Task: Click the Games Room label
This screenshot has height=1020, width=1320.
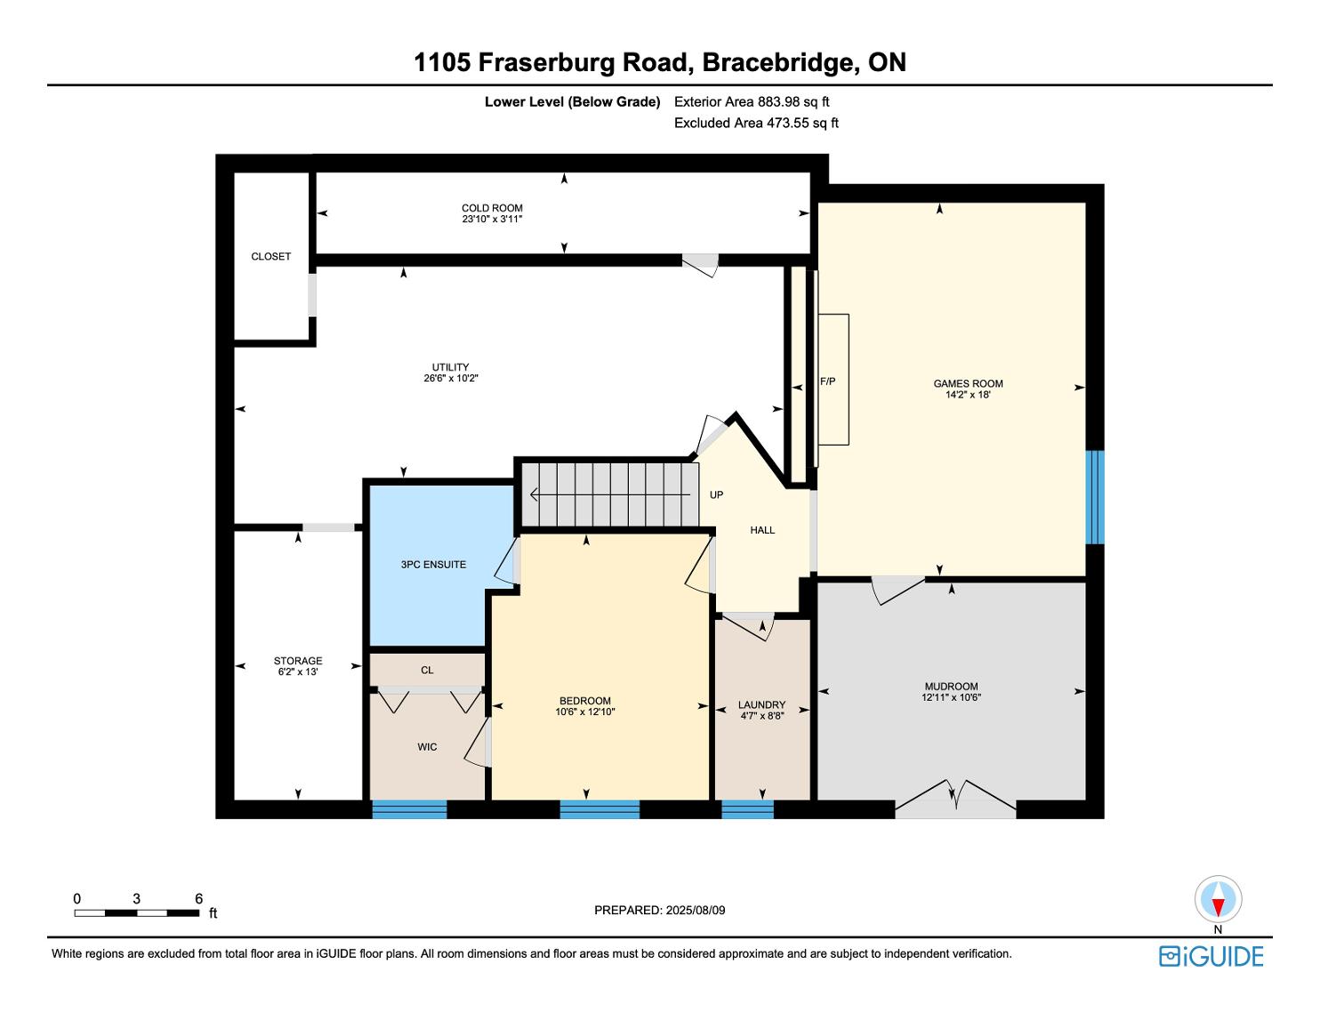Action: (968, 383)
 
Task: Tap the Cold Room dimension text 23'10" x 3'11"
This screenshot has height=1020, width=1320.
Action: (492, 219)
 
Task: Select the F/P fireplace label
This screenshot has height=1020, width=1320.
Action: (827, 381)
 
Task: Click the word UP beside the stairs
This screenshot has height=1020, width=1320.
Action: (716, 494)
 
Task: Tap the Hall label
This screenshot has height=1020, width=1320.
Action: (762, 530)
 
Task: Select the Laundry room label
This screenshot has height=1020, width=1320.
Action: (762, 705)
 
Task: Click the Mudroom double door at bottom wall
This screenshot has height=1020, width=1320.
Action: (954, 799)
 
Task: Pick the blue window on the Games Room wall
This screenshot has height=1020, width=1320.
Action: (1095, 497)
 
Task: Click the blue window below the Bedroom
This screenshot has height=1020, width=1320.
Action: (600, 809)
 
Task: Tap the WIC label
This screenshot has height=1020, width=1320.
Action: (427, 747)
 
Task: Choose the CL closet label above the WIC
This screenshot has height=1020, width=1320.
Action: (427, 670)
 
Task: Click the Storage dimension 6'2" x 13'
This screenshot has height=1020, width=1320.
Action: (298, 672)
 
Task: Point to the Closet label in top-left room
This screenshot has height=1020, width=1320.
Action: (270, 256)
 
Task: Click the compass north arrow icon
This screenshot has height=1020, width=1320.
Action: (1218, 900)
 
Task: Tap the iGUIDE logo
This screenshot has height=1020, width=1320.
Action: (1211, 956)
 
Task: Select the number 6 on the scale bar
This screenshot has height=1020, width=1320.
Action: (198, 899)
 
